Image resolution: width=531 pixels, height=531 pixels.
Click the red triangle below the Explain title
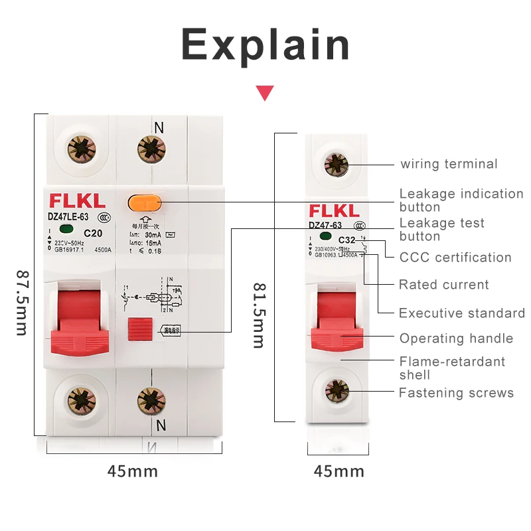pyautogui.click(x=265, y=93)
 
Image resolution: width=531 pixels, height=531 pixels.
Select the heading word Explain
pyautogui.click(x=265, y=45)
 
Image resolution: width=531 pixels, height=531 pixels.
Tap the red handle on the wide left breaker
pyautogui.click(x=76, y=319)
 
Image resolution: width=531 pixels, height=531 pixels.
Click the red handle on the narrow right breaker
pyautogui.click(x=339, y=319)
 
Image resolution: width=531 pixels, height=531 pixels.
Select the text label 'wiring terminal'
pyautogui.click(x=449, y=164)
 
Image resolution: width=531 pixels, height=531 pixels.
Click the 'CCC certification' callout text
pyautogui.click(x=455, y=258)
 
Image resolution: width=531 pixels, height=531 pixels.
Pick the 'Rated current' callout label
pyautogui.click(x=444, y=285)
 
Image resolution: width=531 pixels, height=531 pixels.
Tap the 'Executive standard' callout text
pyautogui.click(x=462, y=313)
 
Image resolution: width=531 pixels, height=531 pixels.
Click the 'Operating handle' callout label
pyautogui.click(x=456, y=339)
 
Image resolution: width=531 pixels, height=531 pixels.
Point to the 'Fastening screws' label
pyautogui.click(x=456, y=393)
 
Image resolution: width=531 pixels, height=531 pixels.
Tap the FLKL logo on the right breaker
pyautogui.click(x=335, y=212)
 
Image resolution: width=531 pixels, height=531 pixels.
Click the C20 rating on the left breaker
pyautogui.click(x=93, y=233)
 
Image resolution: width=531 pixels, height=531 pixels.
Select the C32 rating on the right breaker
pyautogui.click(x=346, y=240)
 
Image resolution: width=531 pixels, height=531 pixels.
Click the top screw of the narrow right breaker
pyautogui.click(x=336, y=163)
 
